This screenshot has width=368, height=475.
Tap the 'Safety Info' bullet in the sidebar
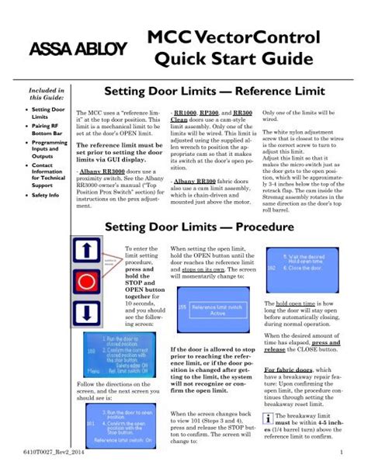point(45,196)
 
